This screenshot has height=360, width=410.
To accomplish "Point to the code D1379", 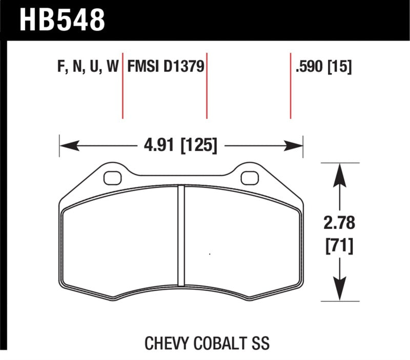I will click(182, 67).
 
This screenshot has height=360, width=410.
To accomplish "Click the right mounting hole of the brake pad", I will click(249, 178).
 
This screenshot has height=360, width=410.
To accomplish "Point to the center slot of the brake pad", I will click(180, 236).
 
